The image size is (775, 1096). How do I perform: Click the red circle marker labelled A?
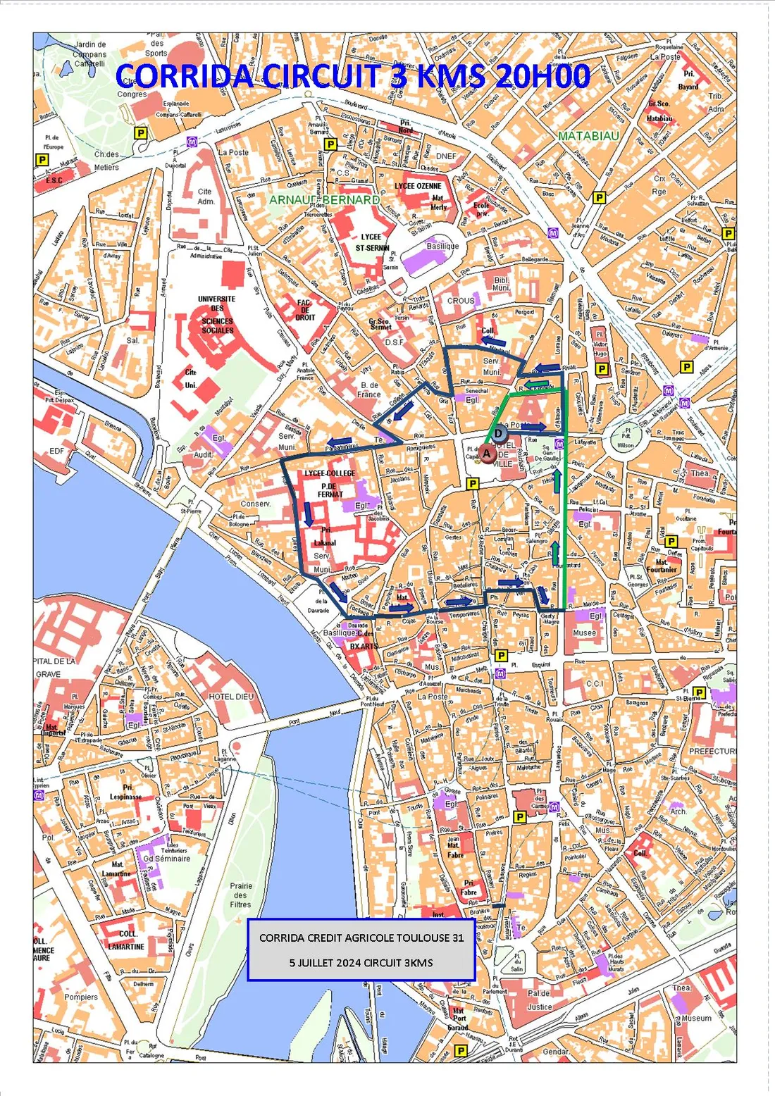point(486,454)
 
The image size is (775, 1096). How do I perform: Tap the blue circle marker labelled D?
point(498,433)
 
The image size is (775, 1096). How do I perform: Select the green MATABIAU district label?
point(588,135)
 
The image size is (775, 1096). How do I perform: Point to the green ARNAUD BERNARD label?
point(324,200)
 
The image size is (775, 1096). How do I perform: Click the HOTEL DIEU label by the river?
point(230,696)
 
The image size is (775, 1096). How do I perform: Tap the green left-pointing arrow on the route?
point(539,385)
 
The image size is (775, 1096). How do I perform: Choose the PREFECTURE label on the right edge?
point(713,751)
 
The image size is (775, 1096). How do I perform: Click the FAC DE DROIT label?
point(304,310)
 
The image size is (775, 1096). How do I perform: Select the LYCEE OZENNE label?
point(418,186)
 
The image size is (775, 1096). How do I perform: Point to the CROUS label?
point(461,301)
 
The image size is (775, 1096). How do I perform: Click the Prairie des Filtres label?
point(240,895)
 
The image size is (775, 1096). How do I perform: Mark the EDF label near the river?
point(56,451)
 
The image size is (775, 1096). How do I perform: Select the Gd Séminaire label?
point(166,858)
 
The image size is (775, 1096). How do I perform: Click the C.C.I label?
point(594,683)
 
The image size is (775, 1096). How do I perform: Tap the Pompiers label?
point(81,997)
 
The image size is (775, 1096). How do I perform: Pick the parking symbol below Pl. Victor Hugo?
point(601,368)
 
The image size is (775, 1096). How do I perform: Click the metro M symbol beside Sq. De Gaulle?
point(559,444)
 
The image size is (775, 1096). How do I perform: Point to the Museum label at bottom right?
point(696,1018)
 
